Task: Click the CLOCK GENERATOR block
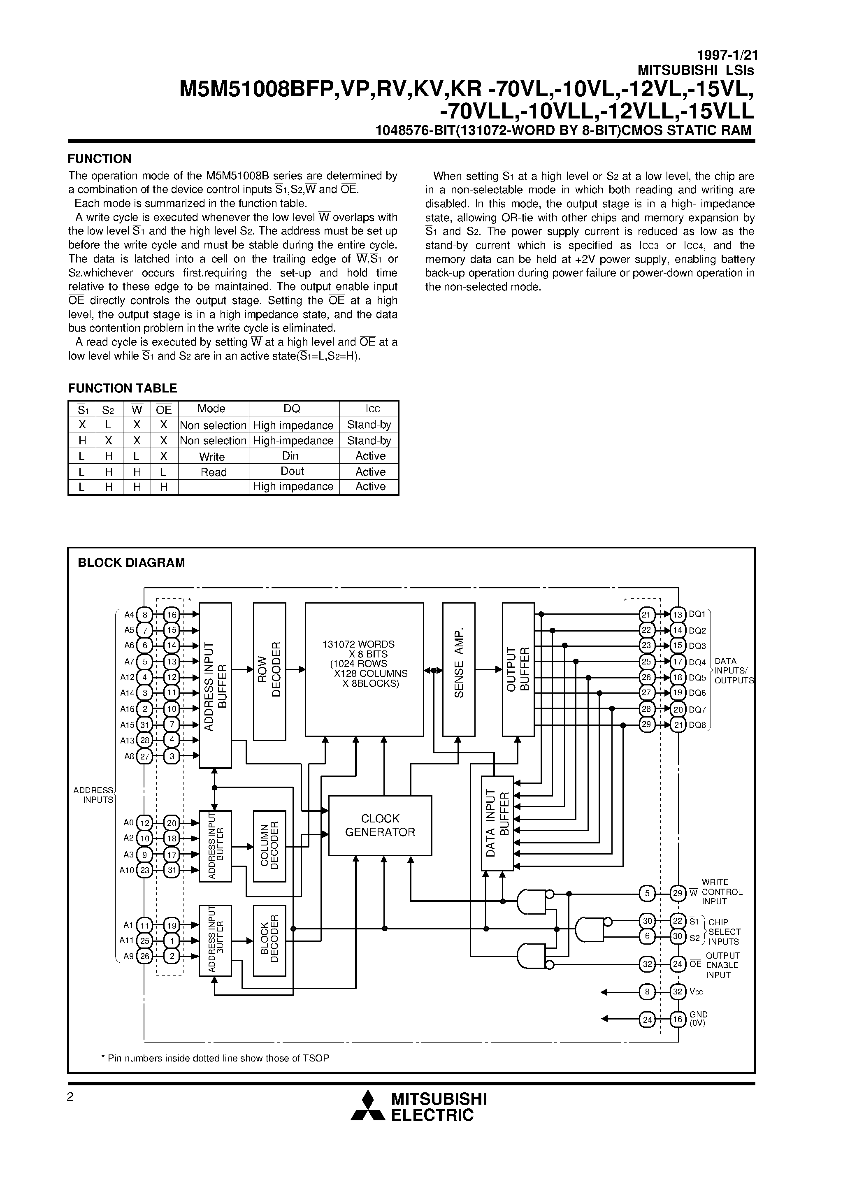(x=380, y=825)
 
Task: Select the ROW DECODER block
(x=269, y=671)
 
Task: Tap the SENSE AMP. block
(x=459, y=669)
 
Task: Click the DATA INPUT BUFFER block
(x=497, y=823)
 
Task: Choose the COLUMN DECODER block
(x=269, y=846)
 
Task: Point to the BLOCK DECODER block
(x=269, y=941)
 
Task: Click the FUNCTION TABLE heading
(x=123, y=388)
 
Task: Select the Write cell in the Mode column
(x=212, y=456)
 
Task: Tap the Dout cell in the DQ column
(x=293, y=471)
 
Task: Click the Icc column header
(x=373, y=409)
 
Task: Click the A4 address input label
(x=129, y=615)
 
